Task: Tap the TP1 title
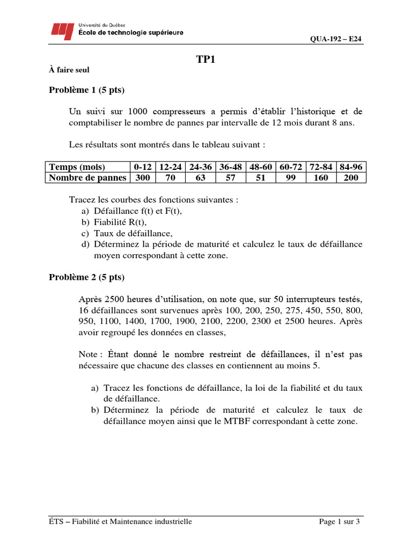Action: [x=205, y=60]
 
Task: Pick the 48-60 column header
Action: [x=261, y=167]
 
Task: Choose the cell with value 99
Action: [x=291, y=177]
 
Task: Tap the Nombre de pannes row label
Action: [x=87, y=177]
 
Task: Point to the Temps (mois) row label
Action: [x=77, y=167]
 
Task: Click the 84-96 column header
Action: [x=351, y=167]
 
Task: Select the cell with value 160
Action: [x=321, y=177]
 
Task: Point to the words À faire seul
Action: [x=70, y=70]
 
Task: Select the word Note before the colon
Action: [x=88, y=354]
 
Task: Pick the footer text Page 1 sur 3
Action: [x=339, y=521]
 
